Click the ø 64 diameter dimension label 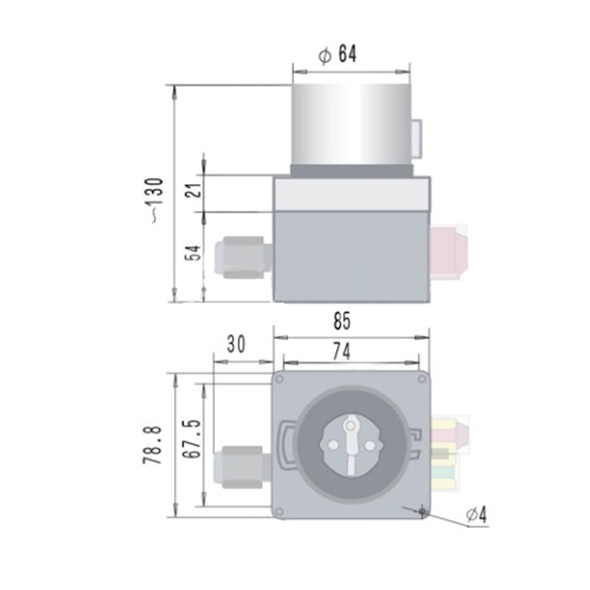click(x=338, y=55)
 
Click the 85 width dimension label click(x=341, y=322)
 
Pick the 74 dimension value click(x=341, y=351)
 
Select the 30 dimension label click(x=236, y=344)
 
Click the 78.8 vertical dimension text click(x=152, y=446)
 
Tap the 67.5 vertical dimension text click(x=190, y=439)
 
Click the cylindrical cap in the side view click(x=351, y=124)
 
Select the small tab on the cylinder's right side click(x=417, y=139)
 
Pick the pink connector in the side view click(x=451, y=250)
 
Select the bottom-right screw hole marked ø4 click(x=422, y=510)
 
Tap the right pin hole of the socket click(x=370, y=446)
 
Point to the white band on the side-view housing click(x=351, y=195)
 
